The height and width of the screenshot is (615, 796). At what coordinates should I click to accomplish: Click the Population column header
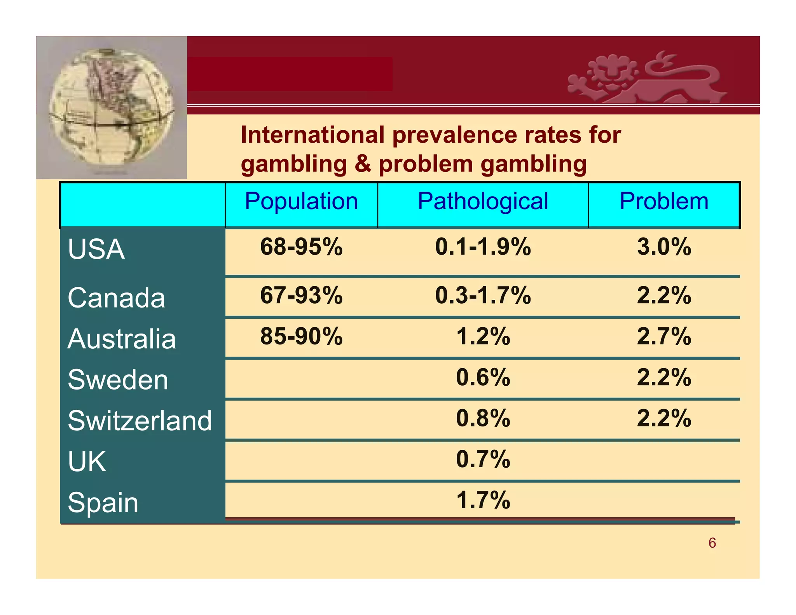(301, 201)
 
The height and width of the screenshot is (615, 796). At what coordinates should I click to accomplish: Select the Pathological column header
(483, 201)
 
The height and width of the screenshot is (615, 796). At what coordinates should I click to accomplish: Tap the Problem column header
(664, 201)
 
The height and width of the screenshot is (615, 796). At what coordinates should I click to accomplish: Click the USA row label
(96, 249)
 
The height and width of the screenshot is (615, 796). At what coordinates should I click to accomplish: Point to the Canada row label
(116, 298)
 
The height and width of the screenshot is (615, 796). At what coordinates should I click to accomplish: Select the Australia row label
(122, 339)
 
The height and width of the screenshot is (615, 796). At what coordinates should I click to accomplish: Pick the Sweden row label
(118, 380)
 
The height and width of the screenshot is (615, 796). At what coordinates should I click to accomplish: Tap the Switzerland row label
(140, 421)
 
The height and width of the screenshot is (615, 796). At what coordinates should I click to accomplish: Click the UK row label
(87, 462)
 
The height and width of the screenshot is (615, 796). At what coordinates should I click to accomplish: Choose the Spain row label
(103, 503)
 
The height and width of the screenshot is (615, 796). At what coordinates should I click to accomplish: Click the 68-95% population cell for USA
(301, 247)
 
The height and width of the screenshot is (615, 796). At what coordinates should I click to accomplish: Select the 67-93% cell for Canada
(301, 295)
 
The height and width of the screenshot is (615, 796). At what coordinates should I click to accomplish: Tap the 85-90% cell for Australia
(301, 336)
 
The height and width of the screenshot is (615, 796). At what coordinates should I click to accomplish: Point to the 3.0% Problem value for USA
(664, 247)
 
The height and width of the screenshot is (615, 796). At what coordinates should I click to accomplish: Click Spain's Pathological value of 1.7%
(483, 500)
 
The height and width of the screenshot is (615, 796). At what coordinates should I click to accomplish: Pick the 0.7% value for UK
(483, 460)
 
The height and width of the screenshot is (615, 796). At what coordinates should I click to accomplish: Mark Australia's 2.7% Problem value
(664, 336)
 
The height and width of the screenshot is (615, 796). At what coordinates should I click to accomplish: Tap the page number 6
(712, 543)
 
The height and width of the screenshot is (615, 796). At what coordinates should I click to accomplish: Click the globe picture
(112, 108)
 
